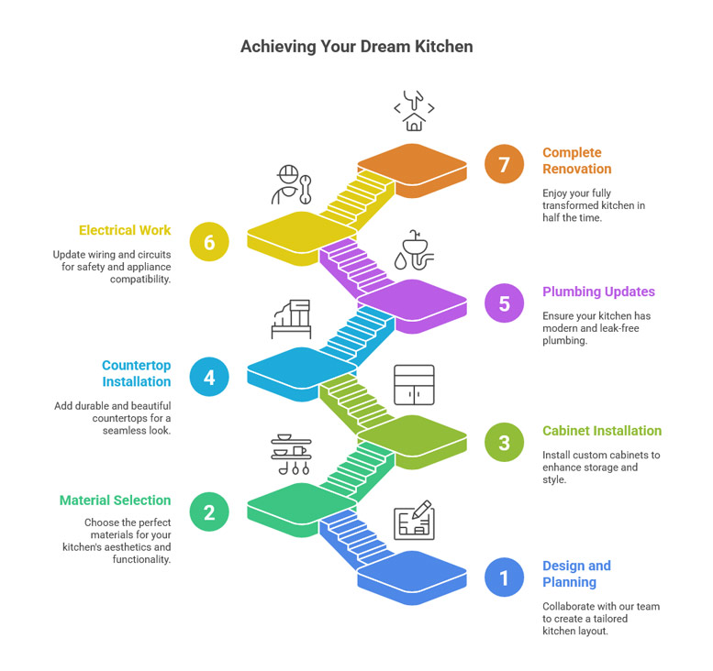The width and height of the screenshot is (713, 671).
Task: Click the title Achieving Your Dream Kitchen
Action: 356,46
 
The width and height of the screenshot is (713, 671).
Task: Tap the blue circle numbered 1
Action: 504,578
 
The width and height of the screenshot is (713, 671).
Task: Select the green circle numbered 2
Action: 209,511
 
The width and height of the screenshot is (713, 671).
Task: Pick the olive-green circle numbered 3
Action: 504,443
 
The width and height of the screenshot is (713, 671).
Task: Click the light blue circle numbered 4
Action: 209,376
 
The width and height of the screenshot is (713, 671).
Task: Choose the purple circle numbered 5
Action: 504,303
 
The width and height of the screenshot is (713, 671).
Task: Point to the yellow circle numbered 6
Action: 209,242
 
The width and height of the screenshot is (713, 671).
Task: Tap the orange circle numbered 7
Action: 504,164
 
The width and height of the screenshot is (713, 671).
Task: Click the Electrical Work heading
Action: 125,230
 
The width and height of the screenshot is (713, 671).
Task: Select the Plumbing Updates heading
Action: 598,291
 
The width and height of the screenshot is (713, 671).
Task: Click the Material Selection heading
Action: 115,500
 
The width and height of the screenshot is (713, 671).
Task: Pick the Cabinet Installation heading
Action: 601,431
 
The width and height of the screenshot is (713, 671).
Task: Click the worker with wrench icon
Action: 291,184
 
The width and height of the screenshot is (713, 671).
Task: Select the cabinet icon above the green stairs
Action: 414,385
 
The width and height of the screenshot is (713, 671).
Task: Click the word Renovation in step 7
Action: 576,169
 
